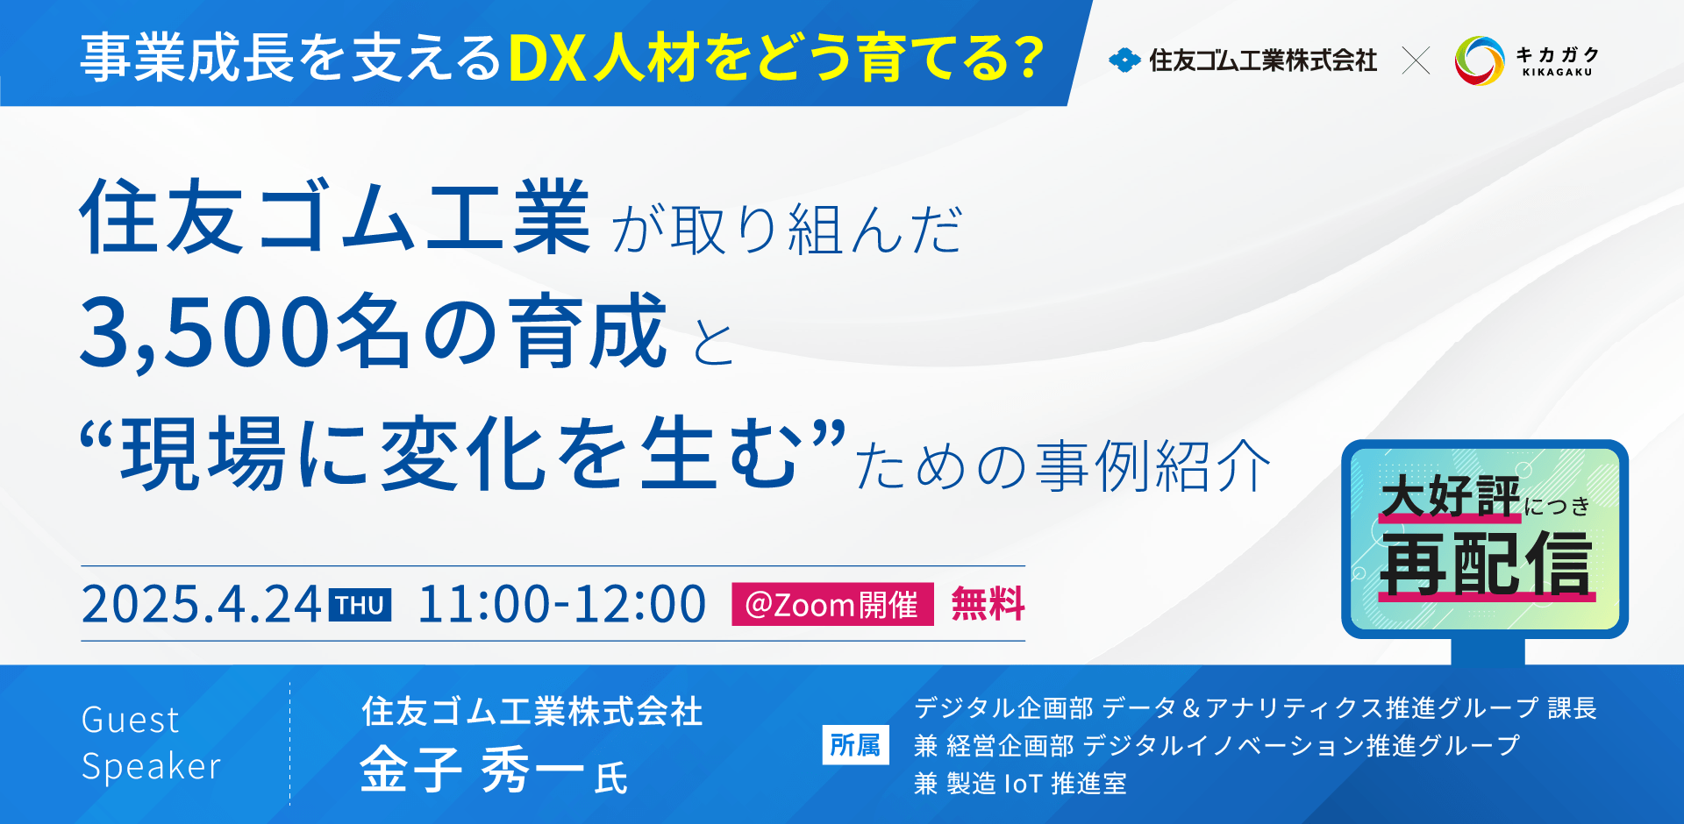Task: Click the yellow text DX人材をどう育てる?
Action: pos(776,59)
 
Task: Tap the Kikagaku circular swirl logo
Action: pos(1480,60)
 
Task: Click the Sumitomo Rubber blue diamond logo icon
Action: pos(1124,60)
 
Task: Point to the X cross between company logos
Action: pos(1416,60)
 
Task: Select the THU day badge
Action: pos(360,605)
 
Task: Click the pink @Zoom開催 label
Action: pos(832,604)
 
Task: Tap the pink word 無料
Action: pos(988,604)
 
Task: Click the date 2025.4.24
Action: pos(201,604)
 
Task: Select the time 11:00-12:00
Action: pos(562,604)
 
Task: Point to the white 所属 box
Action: pos(855,745)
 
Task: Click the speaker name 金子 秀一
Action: pos(472,770)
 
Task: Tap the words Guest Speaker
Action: pos(151,742)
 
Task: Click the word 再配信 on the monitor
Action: pos(1486,565)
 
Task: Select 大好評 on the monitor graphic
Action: pos(1450,497)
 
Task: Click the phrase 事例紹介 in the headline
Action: pos(1153,465)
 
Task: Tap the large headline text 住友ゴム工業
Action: pos(335,217)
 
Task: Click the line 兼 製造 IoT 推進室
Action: pos(1020,783)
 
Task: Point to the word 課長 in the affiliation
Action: pos(1572,707)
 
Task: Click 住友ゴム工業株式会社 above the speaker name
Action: pos(532,711)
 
